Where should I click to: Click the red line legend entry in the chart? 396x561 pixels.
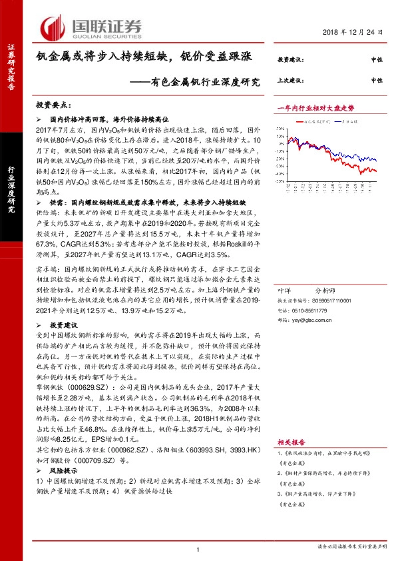316,123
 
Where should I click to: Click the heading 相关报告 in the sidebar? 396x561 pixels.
290,442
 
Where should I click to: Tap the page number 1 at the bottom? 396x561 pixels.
198,548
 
